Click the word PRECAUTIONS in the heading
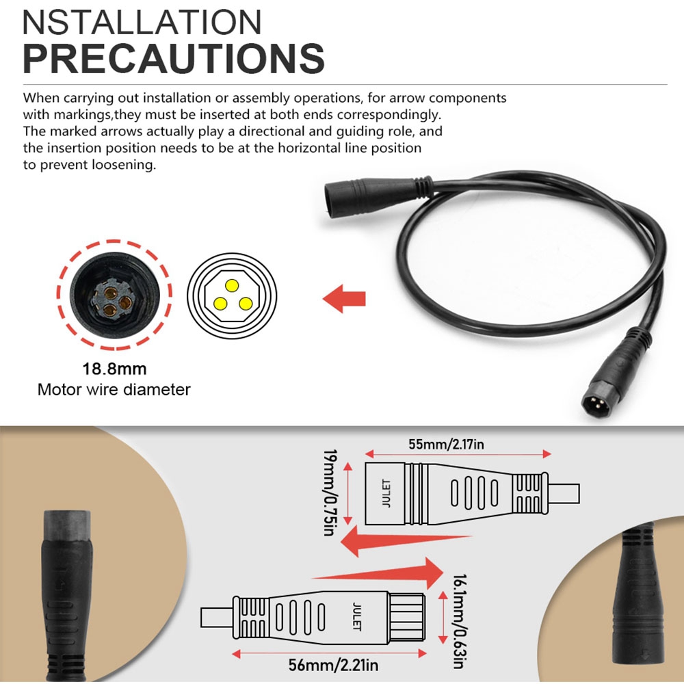point(174,58)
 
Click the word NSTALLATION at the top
point(142,22)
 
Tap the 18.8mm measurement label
point(114,369)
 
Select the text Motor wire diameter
point(114,390)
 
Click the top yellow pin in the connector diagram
point(232,286)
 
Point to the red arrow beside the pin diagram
point(344,299)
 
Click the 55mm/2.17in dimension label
point(446,444)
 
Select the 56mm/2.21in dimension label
point(333,666)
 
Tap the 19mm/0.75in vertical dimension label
point(330,492)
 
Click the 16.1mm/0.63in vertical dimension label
point(459,621)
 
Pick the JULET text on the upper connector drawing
point(386,493)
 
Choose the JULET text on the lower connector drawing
point(357,616)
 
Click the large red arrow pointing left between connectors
point(406,541)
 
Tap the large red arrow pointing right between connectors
point(378,573)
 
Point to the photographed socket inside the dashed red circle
point(114,295)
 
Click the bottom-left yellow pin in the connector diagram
point(220,303)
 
